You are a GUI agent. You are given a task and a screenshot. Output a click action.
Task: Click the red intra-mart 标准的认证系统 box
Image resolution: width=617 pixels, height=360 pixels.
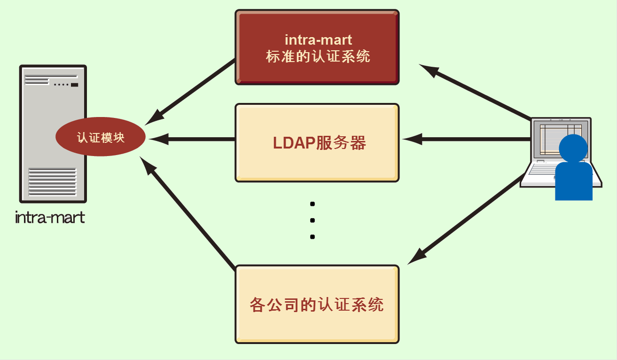(317, 47)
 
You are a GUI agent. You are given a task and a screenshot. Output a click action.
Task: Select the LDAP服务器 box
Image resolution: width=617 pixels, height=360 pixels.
(317, 143)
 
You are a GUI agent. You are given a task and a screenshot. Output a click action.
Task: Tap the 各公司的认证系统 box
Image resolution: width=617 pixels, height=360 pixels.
(317, 305)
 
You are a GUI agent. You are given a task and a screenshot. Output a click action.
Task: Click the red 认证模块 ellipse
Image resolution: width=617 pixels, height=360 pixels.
(101, 137)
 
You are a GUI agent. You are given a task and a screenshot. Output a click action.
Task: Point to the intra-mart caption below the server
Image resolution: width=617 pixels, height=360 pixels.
(50, 218)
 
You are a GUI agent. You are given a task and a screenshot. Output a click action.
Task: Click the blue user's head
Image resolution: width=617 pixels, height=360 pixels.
(573, 148)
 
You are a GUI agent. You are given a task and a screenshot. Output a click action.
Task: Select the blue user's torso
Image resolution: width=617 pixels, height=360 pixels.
(574, 181)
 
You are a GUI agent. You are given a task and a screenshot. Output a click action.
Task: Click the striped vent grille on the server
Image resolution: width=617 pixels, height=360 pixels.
(52, 182)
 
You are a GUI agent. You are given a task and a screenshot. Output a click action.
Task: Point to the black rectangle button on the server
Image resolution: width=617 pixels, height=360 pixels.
(74, 85)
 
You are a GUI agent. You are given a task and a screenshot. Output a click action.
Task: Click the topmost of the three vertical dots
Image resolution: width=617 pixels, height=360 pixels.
(312, 204)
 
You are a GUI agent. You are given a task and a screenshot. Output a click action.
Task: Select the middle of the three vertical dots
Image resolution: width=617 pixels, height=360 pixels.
(312, 220)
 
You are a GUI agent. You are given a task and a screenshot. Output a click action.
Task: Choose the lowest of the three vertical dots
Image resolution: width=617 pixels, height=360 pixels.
(312, 237)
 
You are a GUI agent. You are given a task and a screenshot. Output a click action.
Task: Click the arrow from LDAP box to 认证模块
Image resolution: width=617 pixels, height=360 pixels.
(192, 139)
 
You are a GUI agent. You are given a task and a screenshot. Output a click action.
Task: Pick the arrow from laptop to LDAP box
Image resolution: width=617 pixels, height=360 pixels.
(467, 139)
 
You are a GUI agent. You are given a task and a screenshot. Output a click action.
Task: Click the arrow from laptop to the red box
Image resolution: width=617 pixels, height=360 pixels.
(475, 92)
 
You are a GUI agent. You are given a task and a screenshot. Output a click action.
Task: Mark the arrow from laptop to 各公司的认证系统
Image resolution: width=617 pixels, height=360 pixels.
(466, 219)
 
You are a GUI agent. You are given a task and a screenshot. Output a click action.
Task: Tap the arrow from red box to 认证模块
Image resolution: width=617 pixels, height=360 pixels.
(190, 92)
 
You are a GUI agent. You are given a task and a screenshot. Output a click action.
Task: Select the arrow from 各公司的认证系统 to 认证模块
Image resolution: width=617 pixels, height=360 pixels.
(187, 213)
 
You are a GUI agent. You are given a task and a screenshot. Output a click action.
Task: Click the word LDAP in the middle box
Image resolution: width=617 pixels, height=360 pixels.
(294, 143)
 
